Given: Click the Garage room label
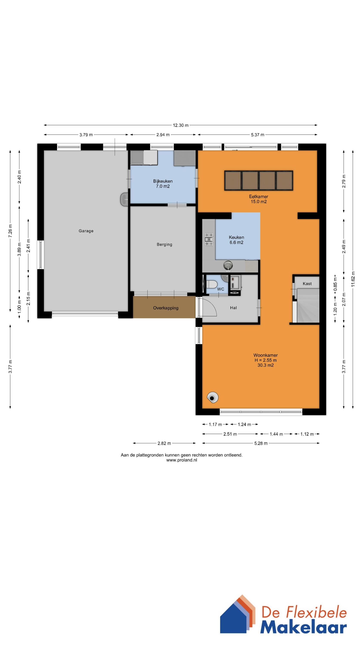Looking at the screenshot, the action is point(86,231).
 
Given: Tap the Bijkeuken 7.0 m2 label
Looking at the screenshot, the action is point(163,184).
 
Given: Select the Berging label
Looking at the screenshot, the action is point(164,244).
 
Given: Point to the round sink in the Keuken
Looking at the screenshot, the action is point(228,265).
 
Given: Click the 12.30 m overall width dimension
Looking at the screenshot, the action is point(181,125).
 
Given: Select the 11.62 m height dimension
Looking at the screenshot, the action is point(353,279).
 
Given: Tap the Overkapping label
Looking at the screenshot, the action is point(166,308).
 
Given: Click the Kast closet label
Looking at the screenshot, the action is point(307,284).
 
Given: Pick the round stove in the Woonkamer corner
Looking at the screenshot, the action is point(213,397).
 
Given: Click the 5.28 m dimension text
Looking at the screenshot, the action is point(261,443).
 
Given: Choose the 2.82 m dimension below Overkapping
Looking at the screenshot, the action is point(164,443).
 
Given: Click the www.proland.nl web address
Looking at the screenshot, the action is point(182,460).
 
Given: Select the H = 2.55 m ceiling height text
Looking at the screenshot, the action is point(266,360).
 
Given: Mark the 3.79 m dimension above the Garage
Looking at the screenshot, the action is point(86,135).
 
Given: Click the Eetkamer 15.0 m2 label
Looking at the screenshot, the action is point(258,199).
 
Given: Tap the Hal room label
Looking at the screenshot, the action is point(233,308).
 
